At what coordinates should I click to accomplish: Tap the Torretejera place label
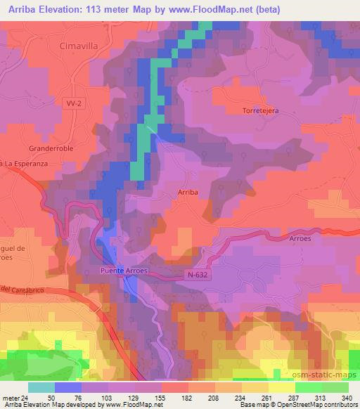(x=261, y=111)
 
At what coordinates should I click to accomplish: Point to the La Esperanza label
(x=20, y=163)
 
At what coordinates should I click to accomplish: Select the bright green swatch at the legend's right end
(x=335, y=387)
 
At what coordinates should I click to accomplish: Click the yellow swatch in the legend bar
(x=281, y=387)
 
